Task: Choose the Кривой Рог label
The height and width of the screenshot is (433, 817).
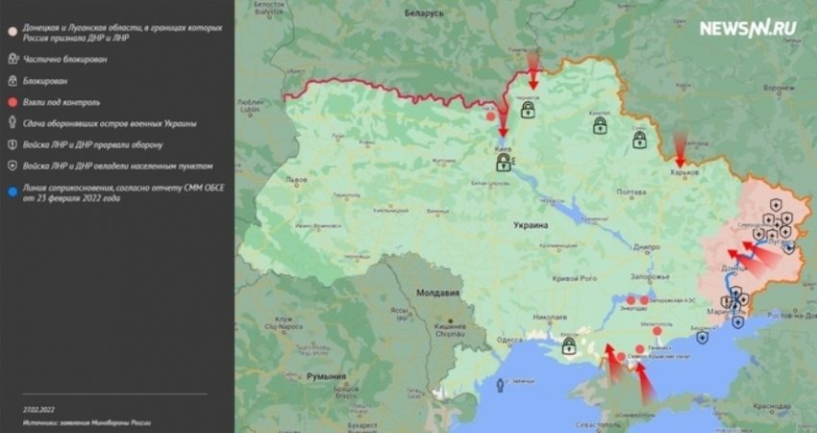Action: (576, 278)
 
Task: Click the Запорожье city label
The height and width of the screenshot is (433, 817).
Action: (649, 276)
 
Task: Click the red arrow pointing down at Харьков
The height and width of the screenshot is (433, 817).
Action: (681, 149)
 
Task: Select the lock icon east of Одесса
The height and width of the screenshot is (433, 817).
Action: (568, 344)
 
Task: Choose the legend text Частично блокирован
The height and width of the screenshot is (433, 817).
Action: (65, 59)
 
